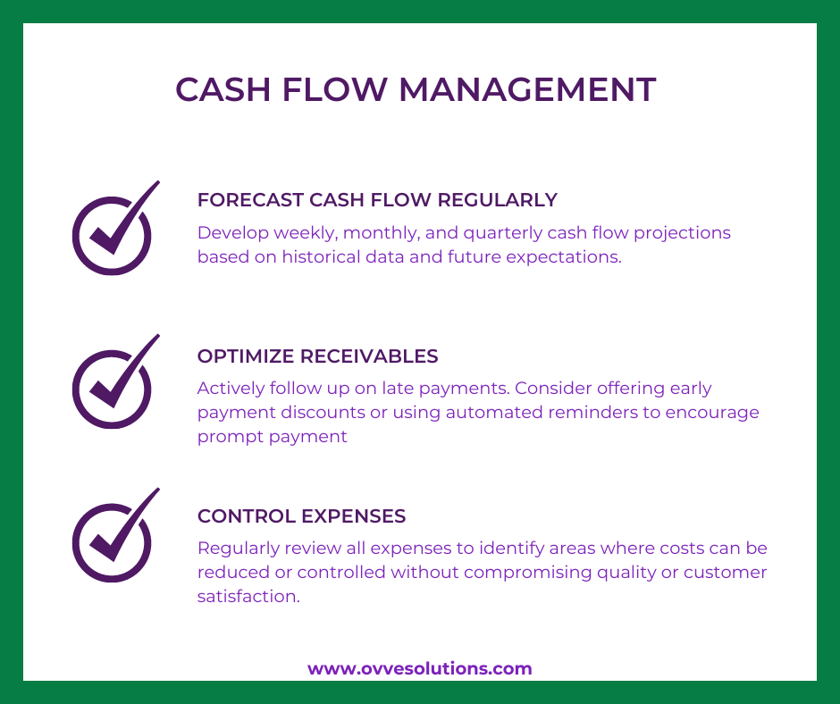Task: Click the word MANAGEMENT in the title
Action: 527,89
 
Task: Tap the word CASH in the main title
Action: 223,89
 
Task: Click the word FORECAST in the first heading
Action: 251,200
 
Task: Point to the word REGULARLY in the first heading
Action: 497,200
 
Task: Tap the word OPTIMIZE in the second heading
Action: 246,356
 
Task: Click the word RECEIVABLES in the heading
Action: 369,356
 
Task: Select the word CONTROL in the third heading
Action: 247,516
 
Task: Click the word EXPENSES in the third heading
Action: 354,516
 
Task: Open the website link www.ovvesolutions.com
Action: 419,668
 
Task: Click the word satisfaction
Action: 248,596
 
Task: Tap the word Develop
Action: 233,233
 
